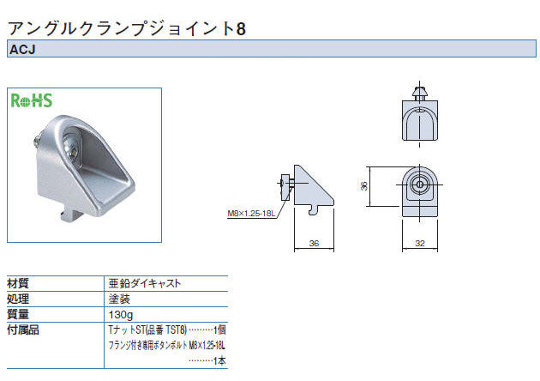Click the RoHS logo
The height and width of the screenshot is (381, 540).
tap(32, 100)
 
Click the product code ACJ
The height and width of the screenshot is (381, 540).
tap(22, 50)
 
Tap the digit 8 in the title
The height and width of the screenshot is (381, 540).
tap(241, 28)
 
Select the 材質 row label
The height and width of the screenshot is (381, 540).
tap(18, 284)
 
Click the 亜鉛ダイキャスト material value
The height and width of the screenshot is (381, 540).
tap(145, 283)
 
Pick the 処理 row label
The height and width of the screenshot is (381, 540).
tap(18, 299)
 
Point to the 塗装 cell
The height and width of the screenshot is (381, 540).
tap(119, 299)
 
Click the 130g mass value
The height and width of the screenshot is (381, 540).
tap(121, 315)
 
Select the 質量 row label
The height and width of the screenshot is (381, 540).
tap(18, 314)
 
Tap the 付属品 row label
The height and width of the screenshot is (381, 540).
tap(23, 330)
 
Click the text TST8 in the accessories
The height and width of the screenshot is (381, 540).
tap(176, 330)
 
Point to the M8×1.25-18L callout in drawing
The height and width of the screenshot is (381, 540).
tap(251, 214)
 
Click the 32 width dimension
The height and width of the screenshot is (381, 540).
tap(420, 244)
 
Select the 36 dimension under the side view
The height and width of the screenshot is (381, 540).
tap(314, 244)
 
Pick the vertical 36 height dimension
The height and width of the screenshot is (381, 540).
tap(363, 186)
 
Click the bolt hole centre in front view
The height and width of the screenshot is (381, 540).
tap(419, 184)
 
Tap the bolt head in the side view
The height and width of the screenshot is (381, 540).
tap(285, 187)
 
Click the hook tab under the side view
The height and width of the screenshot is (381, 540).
tap(313, 210)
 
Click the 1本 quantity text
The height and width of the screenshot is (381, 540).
tap(219, 361)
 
